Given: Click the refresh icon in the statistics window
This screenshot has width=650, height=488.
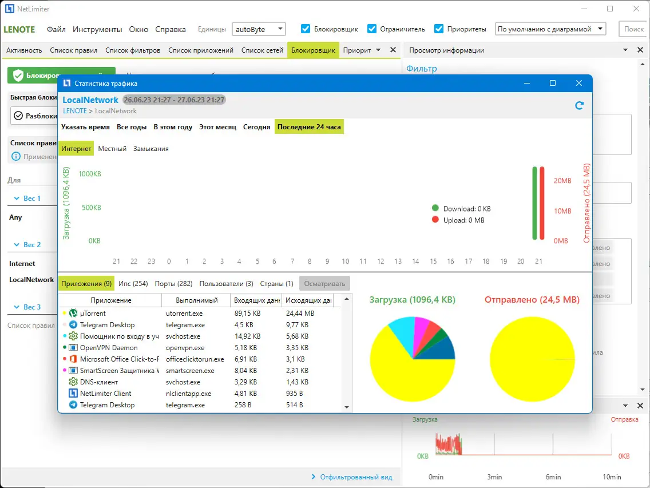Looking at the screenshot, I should [579, 105].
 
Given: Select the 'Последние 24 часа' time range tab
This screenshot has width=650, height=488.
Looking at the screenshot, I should [309, 127].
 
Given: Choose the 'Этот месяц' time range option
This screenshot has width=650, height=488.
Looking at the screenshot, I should [217, 127].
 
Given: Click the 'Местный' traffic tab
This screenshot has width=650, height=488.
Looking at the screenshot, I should [112, 149].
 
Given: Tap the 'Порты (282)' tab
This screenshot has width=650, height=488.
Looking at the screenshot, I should [176, 283].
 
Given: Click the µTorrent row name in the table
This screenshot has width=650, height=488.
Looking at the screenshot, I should [93, 314].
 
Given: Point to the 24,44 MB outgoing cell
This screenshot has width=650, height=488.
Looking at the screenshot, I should [299, 314].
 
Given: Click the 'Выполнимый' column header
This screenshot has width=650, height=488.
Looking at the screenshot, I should [196, 300].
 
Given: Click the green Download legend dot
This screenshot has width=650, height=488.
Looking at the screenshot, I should [435, 209].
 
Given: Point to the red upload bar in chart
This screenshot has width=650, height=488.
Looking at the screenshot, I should [542, 203].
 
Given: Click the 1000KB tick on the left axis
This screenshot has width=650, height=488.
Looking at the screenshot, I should [90, 174].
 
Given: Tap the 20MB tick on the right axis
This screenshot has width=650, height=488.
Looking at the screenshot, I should [562, 181].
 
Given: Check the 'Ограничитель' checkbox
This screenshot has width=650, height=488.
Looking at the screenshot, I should [372, 29].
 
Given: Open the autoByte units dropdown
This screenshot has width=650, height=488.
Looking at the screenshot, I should [259, 29].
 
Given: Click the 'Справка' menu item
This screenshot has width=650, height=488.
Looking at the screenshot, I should [171, 29].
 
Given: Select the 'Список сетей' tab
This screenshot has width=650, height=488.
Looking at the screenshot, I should [262, 50].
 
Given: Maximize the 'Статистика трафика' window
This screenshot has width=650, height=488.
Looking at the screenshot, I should [553, 84].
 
